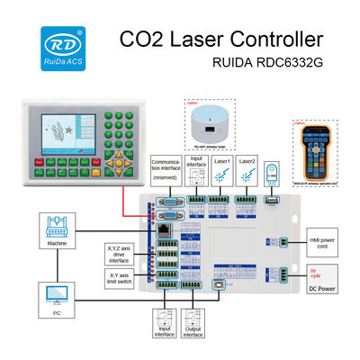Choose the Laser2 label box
click(248, 163)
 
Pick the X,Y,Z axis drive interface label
click(117, 253)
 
